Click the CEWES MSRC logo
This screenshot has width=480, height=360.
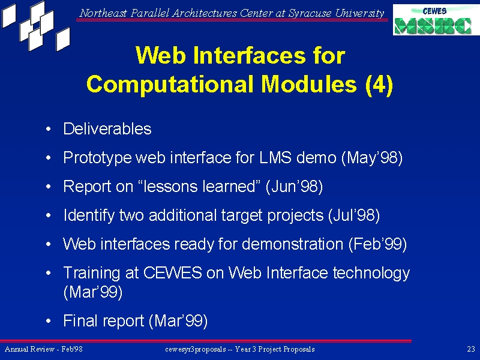[x=436, y=20]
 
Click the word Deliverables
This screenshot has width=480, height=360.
[x=107, y=128]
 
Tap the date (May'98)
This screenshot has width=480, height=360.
[x=372, y=158]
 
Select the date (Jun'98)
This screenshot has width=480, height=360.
[x=294, y=187]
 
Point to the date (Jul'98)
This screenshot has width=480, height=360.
[x=354, y=215]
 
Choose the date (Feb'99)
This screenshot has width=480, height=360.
[x=378, y=244]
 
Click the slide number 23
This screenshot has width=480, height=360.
[x=471, y=349]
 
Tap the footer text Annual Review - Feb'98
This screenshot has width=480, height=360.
[x=43, y=349]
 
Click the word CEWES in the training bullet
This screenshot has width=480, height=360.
[x=173, y=272]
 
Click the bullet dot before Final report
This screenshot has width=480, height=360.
[x=49, y=321]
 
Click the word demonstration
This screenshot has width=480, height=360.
[x=292, y=244]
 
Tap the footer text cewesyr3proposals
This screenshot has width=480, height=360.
[x=196, y=349]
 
